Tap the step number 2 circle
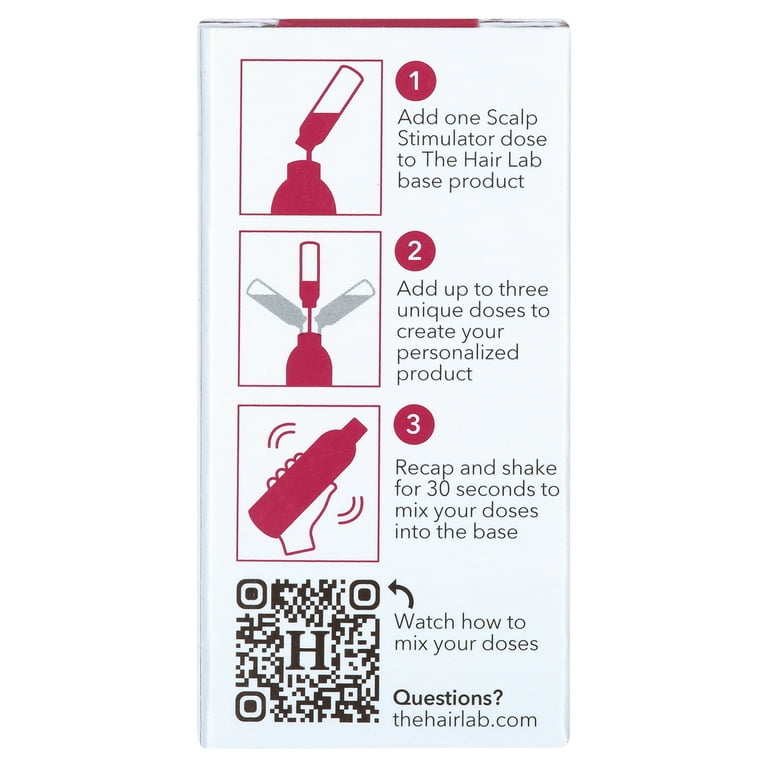[415, 253]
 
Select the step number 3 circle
[415, 425]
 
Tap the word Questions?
[448, 697]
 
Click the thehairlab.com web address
[465, 719]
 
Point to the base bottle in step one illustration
[309, 186]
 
